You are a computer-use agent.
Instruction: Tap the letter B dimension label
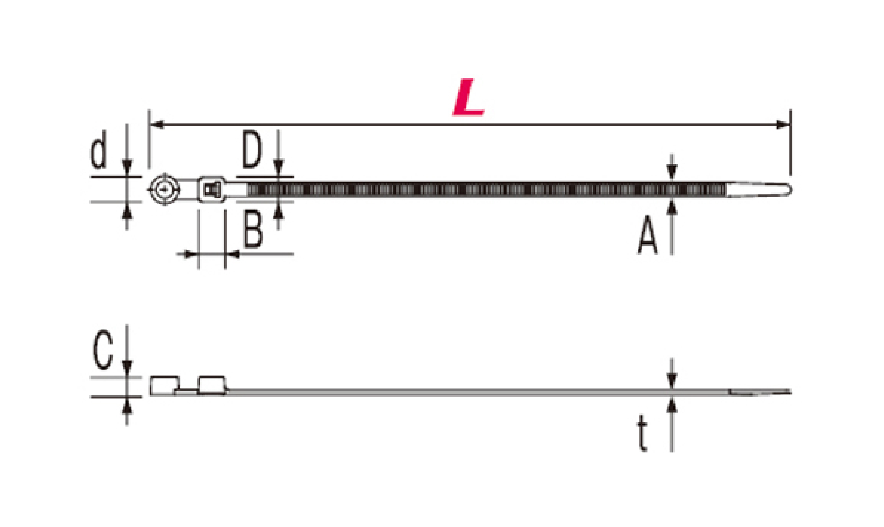[253, 228]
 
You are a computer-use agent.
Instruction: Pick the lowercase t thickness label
[642, 433]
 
